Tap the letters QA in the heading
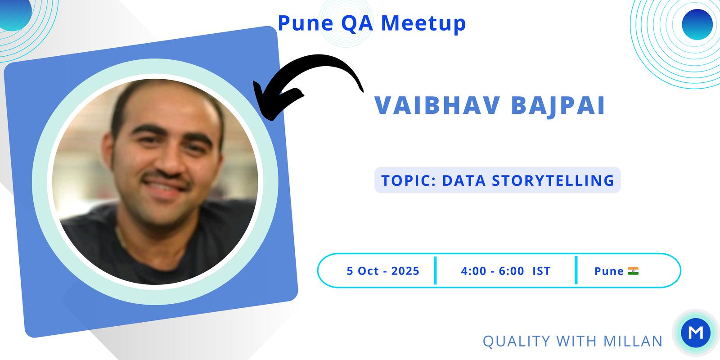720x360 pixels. click(357, 23)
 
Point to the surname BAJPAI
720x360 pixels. click(558, 106)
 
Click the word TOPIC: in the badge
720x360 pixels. click(408, 180)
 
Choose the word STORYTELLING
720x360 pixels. click(553, 180)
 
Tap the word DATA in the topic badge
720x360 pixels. click(464, 180)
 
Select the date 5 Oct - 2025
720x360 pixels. click(383, 271)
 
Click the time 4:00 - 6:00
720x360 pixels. click(492, 271)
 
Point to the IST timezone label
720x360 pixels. click(542, 271)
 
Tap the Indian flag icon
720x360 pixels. click(633, 271)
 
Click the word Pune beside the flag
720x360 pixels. click(609, 271)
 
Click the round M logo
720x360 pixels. click(696, 333)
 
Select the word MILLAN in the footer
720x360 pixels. click(633, 341)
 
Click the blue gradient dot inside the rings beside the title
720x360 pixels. click(697, 24)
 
